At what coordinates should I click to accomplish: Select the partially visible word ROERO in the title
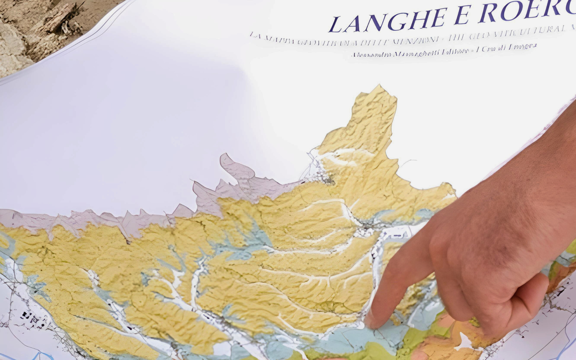click(528, 11)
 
